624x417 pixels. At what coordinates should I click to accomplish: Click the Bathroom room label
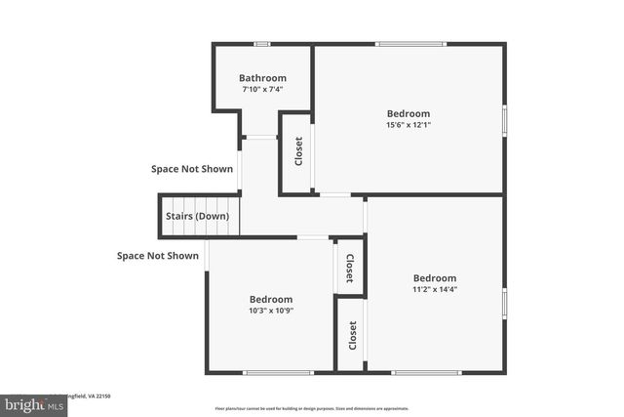click(x=263, y=78)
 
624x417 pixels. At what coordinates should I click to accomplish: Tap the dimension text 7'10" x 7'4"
click(x=263, y=90)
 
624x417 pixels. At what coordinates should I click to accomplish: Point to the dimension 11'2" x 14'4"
click(x=434, y=289)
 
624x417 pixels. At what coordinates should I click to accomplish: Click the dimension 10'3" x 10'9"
click(x=270, y=311)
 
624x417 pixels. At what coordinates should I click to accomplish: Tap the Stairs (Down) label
click(x=198, y=216)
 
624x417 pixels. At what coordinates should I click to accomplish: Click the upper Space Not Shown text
click(x=192, y=169)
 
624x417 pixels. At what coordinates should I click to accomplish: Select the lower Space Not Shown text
click(x=158, y=256)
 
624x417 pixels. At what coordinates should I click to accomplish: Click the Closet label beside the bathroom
click(x=298, y=152)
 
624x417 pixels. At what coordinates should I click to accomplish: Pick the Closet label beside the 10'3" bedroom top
click(x=350, y=268)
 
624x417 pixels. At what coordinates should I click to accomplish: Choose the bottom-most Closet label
click(x=352, y=335)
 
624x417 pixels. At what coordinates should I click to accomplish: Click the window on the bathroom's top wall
click(x=261, y=44)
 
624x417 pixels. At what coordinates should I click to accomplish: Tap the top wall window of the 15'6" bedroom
click(x=410, y=44)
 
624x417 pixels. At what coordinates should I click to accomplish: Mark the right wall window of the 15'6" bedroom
click(x=504, y=119)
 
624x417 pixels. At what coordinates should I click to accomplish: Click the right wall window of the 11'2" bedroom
click(x=504, y=303)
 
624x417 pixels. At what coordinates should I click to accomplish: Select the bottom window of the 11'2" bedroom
click(x=426, y=372)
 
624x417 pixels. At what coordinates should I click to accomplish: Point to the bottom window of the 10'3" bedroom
click(x=272, y=372)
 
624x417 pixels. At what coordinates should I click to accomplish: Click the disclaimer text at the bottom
click(x=312, y=408)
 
